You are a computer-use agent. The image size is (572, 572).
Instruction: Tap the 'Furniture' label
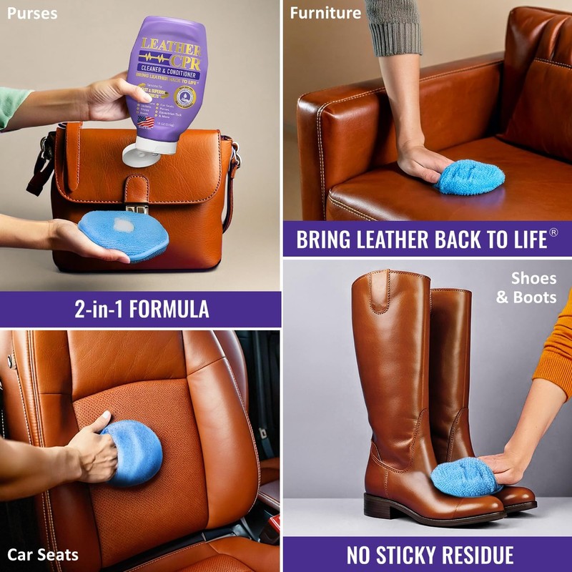(x=325, y=13)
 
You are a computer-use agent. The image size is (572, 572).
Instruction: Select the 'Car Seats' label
(x=43, y=554)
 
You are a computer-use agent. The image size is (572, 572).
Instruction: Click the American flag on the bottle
(x=145, y=121)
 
